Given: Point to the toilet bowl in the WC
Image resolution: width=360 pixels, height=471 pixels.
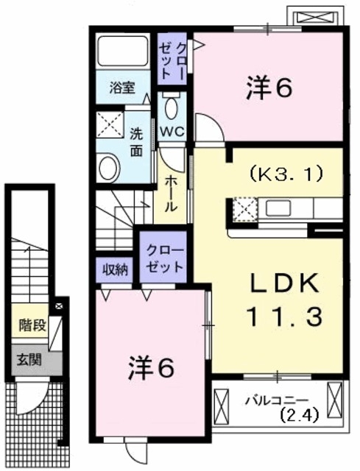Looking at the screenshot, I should tap(172, 109).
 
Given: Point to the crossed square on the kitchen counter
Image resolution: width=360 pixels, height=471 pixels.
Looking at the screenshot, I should tap(243, 210).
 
